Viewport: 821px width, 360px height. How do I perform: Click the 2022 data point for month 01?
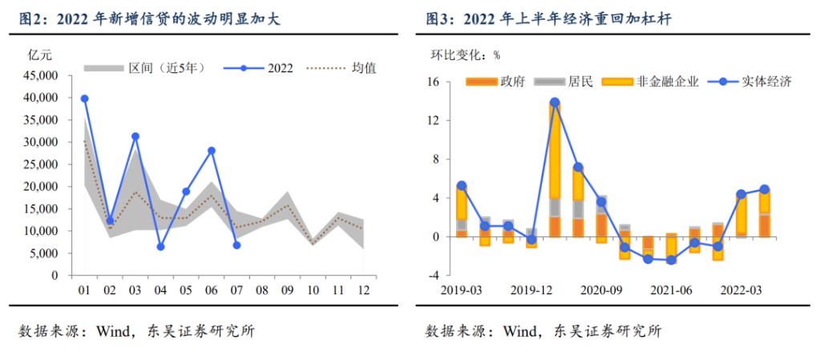[84, 99]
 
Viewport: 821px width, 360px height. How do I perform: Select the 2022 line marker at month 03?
[135, 136]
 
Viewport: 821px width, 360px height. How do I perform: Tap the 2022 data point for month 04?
[160, 247]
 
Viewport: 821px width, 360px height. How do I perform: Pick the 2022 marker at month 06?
[211, 151]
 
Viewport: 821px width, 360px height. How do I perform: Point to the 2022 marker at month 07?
[237, 245]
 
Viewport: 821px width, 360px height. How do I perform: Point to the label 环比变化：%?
[465, 55]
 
